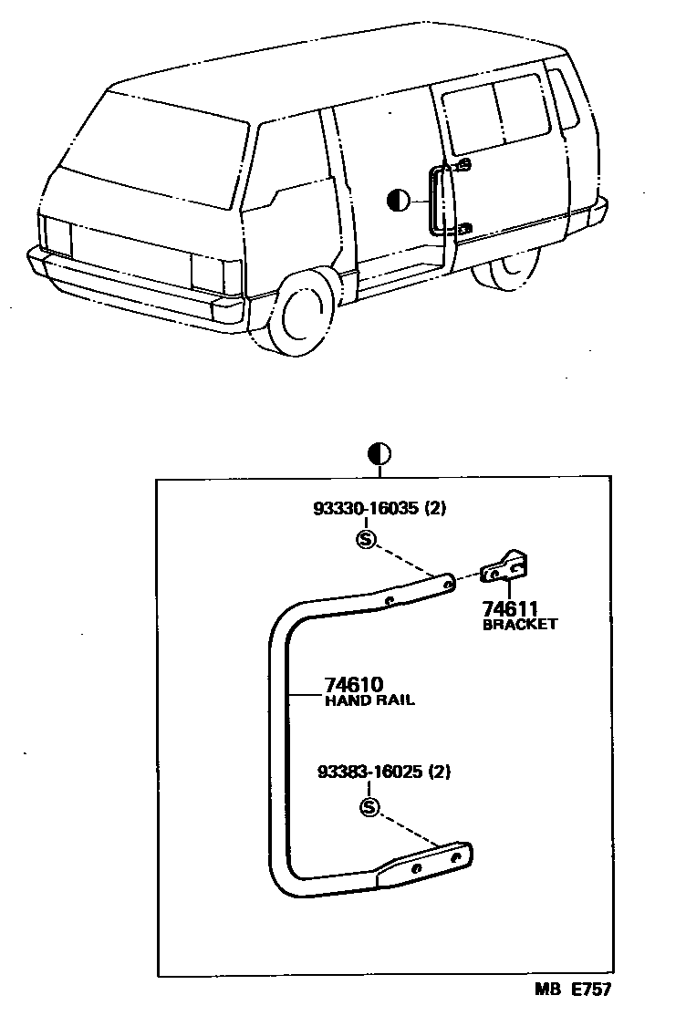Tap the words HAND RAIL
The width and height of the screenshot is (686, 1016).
coord(369,701)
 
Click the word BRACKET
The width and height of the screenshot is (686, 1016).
coord(519,625)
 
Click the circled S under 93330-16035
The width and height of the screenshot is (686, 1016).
coord(366,539)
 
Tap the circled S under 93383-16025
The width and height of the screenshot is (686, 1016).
coord(369,807)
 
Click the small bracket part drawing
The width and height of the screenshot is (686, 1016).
coord(507,568)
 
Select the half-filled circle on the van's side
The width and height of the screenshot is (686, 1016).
coord(398,201)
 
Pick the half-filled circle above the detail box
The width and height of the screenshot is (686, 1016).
coord(379,452)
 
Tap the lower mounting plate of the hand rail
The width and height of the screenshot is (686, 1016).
coord(428,863)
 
